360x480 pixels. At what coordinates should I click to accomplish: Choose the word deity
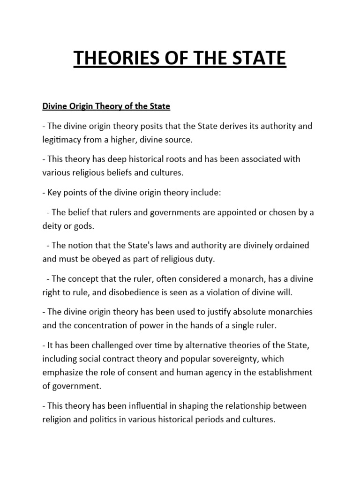tap(52, 226)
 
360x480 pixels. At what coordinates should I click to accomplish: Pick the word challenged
tap(98, 345)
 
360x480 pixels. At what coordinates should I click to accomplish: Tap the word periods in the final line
tap(205, 419)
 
